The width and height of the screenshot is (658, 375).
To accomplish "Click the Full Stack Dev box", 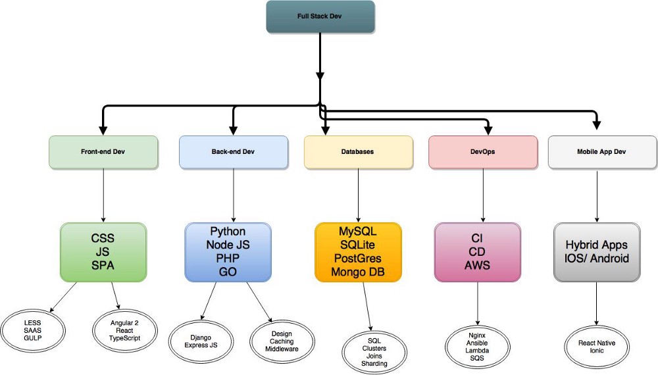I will click(320, 16).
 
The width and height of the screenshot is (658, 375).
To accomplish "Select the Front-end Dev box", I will click(103, 151).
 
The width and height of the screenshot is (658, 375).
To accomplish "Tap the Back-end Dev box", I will click(234, 151).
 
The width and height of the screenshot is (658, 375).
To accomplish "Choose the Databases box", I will click(358, 151).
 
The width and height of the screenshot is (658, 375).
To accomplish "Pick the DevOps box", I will click(483, 151).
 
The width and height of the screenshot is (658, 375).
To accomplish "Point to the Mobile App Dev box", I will click(601, 151).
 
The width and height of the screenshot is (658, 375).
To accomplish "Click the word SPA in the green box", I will click(103, 266).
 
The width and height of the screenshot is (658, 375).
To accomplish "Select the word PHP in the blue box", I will click(228, 259).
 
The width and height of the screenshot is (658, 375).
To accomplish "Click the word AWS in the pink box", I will click(477, 266).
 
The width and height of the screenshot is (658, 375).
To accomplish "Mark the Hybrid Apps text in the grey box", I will click(597, 245).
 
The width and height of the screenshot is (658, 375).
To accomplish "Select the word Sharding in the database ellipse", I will click(374, 363).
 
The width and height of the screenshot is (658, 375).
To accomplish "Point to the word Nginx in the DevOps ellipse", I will click(477, 336).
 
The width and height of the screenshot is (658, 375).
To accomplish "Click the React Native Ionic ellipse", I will click(597, 346).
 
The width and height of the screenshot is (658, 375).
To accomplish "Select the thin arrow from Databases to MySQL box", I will click(358, 194).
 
